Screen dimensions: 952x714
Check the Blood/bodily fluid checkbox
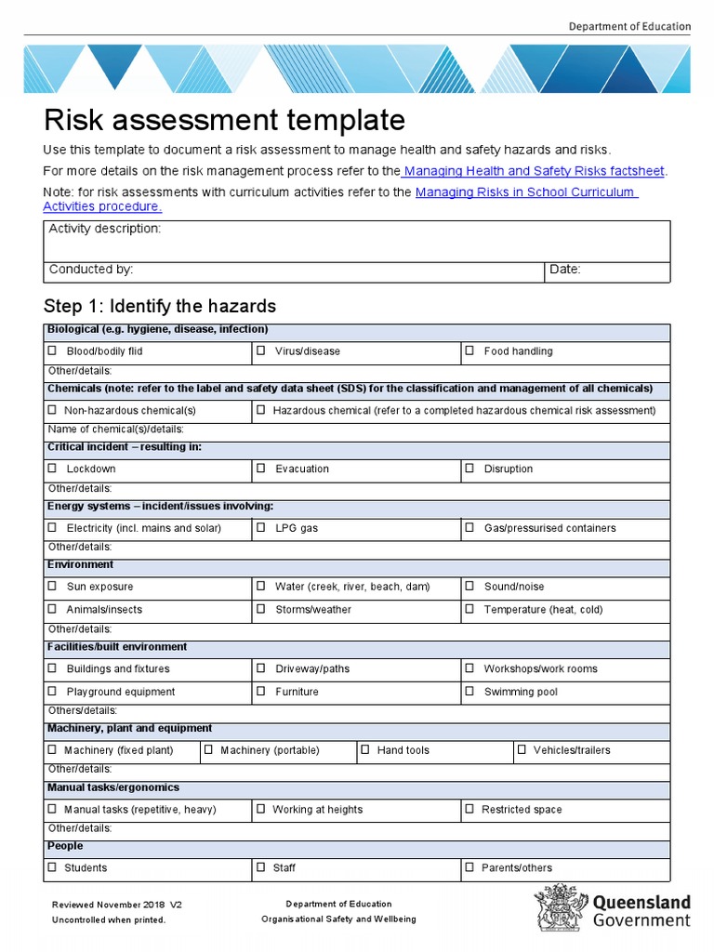(x=52, y=351)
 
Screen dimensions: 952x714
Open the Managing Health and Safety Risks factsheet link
(x=535, y=171)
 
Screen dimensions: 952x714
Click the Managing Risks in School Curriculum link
(x=525, y=192)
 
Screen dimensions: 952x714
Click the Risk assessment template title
(x=225, y=120)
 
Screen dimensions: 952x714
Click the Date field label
(x=565, y=270)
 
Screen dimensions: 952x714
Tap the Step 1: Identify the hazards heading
(x=160, y=306)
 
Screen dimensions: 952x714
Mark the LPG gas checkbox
(x=261, y=528)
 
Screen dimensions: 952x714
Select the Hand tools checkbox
(x=365, y=750)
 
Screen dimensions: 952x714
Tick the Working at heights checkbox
(x=261, y=810)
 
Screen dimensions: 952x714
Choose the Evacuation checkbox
(x=261, y=469)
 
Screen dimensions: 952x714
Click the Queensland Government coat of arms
(x=558, y=907)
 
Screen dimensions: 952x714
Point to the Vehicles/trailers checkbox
(x=522, y=750)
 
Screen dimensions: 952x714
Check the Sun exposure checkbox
(x=52, y=587)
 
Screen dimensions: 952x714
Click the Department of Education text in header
(x=629, y=27)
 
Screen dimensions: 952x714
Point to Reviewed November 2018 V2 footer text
(x=117, y=905)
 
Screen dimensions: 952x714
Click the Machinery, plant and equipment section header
(x=129, y=729)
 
